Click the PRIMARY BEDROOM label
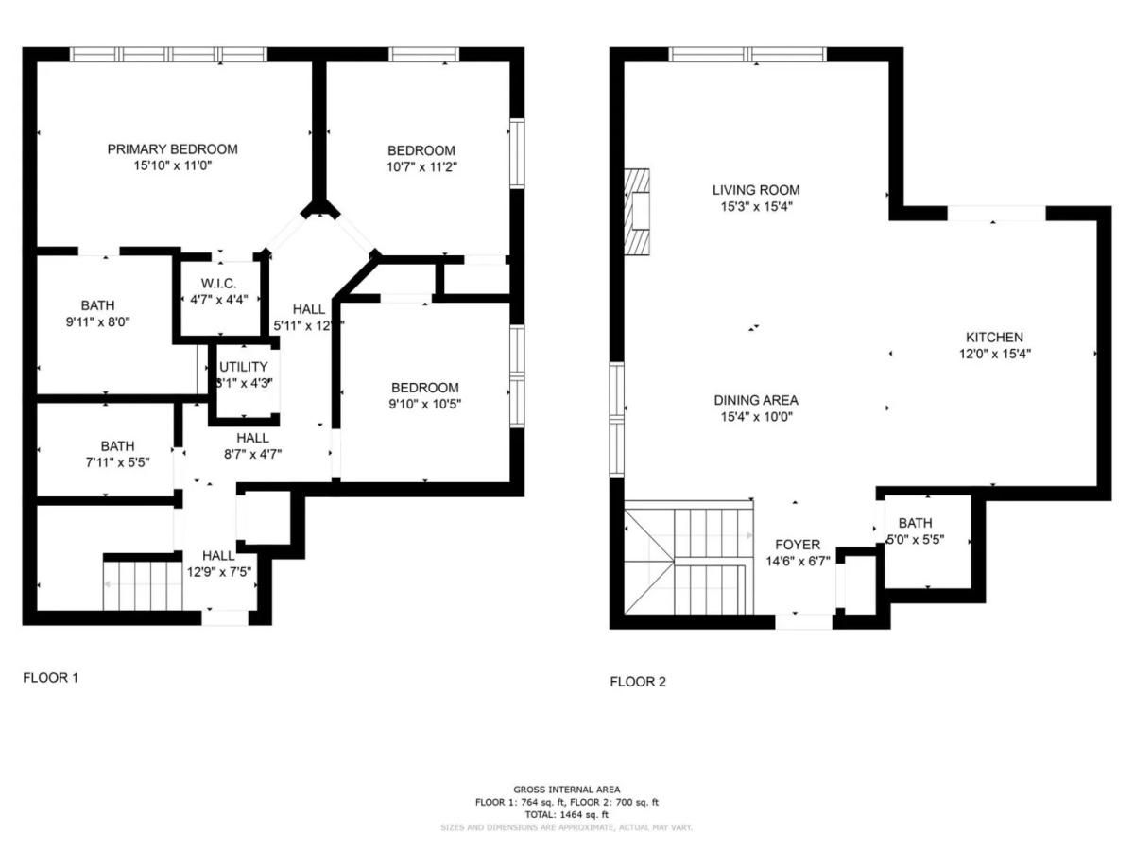(172, 149)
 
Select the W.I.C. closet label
(218, 284)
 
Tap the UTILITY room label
(244, 367)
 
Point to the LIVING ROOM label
(755, 190)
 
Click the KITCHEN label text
(993, 338)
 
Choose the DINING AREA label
(755, 400)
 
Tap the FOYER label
(798, 545)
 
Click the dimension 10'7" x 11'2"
(421, 166)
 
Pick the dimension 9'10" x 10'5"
(425, 404)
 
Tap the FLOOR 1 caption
(50, 678)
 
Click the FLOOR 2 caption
(637, 682)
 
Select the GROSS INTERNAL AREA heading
(566, 790)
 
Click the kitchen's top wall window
(996, 215)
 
